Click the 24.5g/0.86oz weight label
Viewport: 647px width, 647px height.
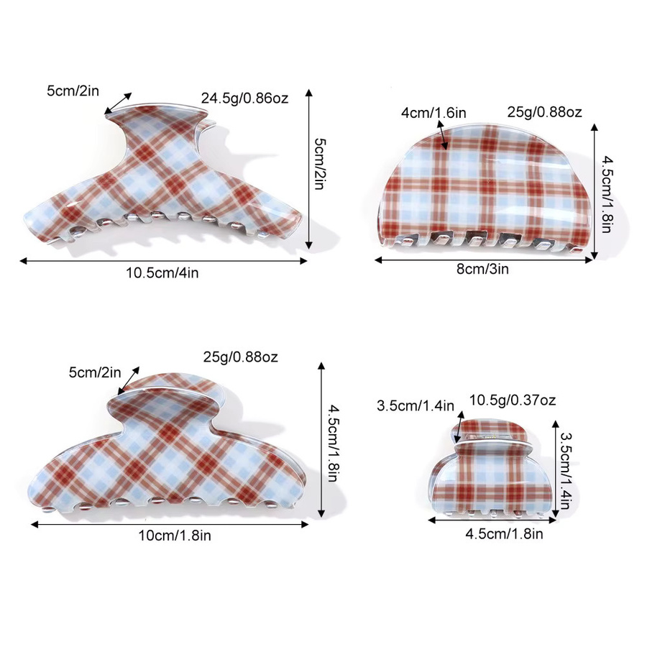(244, 98)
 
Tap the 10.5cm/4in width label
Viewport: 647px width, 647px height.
(162, 272)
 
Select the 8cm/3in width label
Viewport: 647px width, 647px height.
(482, 269)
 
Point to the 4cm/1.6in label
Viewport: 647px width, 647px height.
(433, 113)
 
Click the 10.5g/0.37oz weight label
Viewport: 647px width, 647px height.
(513, 400)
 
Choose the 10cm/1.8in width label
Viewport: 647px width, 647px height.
(175, 536)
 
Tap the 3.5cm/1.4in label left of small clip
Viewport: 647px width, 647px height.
(415, 405)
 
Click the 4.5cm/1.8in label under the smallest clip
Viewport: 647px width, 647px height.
(504, 534)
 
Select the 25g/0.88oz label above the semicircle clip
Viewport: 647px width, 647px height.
(544, 112)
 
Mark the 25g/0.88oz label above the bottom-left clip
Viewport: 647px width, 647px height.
(240, 357)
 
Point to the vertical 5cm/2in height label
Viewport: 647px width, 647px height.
(319, 164)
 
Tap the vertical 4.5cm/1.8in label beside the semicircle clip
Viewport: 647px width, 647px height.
(606, 194)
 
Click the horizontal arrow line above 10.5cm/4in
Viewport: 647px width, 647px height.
(163, 261)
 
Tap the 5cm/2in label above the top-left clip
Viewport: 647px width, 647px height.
(73, 91)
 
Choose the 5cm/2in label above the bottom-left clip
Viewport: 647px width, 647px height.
(95, 372)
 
